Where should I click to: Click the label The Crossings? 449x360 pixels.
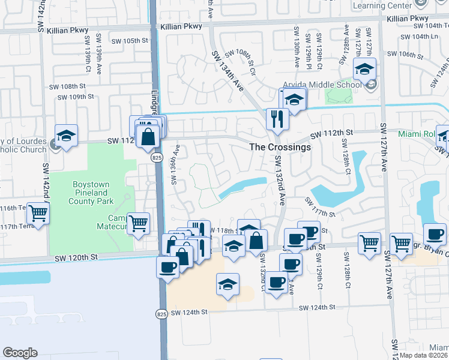280,147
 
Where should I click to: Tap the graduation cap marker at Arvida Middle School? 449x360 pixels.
364,70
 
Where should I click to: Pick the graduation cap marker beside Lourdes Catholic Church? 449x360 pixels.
67,136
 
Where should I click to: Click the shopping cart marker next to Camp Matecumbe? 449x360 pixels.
139,224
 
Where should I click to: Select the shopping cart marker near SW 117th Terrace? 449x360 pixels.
38,213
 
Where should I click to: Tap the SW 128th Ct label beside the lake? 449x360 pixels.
346,158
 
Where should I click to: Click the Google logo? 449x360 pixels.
20,353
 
